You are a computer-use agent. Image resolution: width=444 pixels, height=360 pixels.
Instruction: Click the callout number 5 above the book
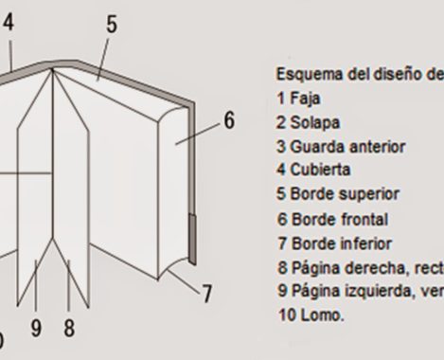[112, 25]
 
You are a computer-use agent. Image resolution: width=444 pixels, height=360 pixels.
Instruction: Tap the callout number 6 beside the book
[229, 121]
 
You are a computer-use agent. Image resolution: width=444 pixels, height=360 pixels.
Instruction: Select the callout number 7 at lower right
[206, 294]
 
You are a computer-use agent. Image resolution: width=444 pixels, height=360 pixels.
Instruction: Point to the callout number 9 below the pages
[36, 328]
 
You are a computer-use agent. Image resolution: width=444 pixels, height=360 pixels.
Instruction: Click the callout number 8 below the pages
[69, 328]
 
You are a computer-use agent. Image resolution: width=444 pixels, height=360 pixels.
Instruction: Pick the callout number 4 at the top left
[8, 22]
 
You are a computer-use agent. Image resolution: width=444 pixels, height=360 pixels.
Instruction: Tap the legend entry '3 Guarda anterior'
[328, 146]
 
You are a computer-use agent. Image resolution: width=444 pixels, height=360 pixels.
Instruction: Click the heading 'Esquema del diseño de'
[358, 74]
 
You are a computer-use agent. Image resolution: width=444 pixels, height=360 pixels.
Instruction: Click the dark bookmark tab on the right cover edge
[192, 238]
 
